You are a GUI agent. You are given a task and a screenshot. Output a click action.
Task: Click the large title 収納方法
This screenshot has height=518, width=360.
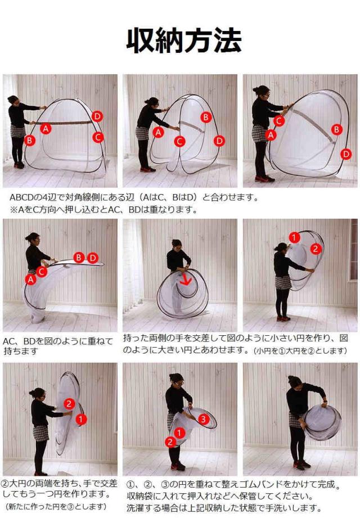[x=183, y=41]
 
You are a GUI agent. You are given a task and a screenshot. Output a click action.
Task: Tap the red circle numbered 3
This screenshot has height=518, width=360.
[x=204, y=419]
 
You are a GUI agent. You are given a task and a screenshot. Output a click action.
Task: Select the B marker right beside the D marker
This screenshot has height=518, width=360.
[x=79, y=258]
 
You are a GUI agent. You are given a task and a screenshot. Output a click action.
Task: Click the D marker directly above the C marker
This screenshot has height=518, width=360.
[x=97, y=116]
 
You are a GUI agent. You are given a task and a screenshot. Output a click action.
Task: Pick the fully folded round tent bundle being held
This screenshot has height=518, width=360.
[x=322, y=422]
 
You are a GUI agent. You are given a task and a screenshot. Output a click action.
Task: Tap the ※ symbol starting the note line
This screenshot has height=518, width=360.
[x=14, y=210]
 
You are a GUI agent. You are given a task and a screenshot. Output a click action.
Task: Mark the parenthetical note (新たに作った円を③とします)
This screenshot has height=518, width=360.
[x=56, y=506]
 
